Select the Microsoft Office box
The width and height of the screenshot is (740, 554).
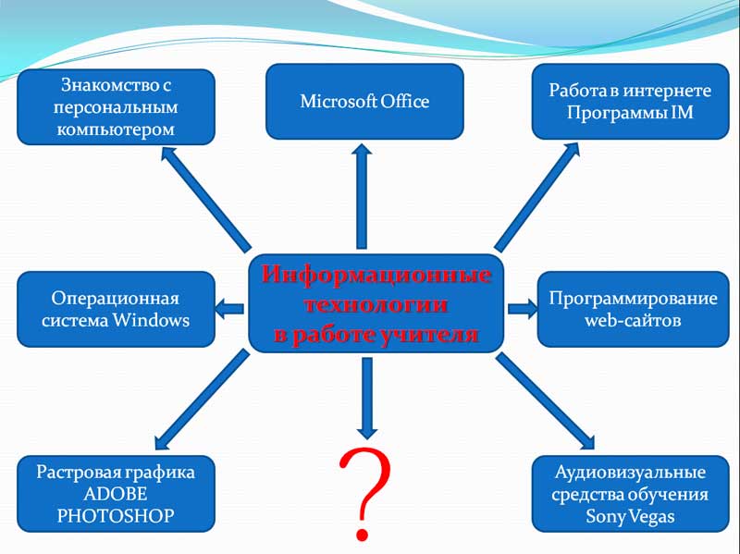click(364, 102)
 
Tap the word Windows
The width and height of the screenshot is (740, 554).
click(151, 320)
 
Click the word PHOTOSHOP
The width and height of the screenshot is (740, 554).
click(116, 516)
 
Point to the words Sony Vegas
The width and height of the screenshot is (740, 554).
click(630, 516)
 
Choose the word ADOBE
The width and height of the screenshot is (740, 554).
click(116, 494)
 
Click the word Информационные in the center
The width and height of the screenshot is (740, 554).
click(376, 275)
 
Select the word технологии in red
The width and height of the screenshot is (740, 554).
click(376, 304)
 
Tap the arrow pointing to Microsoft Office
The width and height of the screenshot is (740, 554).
click(362, 196)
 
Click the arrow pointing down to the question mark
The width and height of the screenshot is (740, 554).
click(366, 399)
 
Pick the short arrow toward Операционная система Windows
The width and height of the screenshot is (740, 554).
click(229, 309)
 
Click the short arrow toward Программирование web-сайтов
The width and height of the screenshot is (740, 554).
click(523, 309)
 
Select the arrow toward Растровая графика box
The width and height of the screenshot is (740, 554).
click(202, 400)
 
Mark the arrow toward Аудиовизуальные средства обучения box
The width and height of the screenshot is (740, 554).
click(545, 401)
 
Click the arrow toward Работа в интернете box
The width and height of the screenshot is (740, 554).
click(537, 197)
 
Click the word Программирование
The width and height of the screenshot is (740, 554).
click(633, 299)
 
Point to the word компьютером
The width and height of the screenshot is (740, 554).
click(116, 129)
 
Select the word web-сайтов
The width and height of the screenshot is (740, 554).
click(633, 320)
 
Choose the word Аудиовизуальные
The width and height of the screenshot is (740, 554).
click(630, 473)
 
